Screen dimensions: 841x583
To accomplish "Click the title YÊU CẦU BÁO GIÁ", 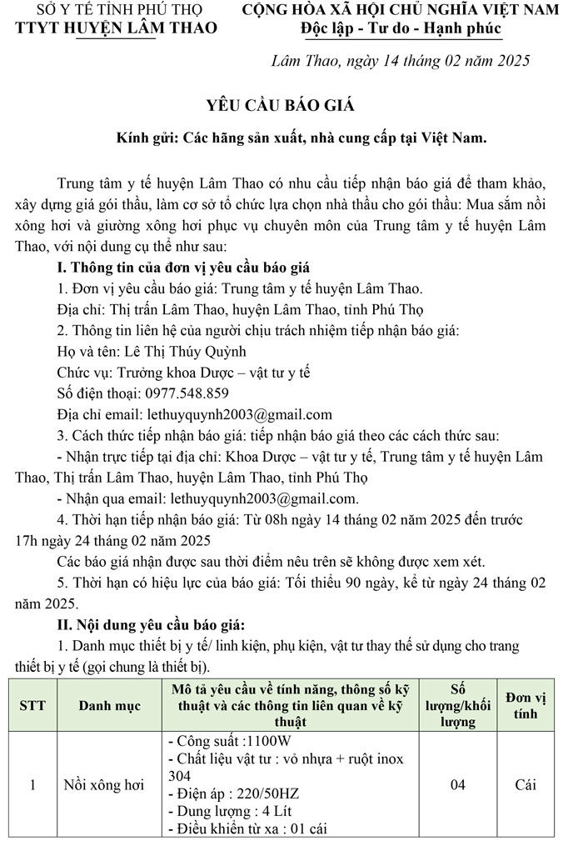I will [x=280, y=105].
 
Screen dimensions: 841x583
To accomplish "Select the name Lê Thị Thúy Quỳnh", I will [x=185, y=351].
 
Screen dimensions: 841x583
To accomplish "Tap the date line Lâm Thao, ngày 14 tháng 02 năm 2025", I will [x=401, y=61].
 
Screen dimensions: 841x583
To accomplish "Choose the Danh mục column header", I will [x=110, y=705].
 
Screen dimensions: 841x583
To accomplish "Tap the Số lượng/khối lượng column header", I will [x=457, y=705].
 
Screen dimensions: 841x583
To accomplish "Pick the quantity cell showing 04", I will [x=457, y=784].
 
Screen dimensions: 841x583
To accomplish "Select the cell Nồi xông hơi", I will [x=104, y=785].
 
